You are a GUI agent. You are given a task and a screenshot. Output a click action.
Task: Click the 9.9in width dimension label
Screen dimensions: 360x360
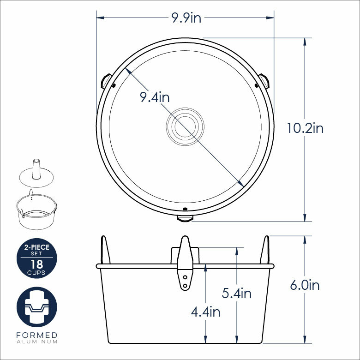point(186,18)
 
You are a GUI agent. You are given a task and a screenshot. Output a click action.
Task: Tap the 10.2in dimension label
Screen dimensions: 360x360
point(305,128)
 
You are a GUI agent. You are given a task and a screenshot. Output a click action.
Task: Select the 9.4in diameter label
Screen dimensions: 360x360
point(155,97)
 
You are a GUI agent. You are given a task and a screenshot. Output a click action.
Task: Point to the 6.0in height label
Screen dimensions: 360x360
point(305,285)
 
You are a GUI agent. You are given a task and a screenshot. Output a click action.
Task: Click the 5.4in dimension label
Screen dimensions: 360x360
point(236,294)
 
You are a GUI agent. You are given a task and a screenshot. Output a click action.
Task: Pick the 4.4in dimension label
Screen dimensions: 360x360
point(205,312)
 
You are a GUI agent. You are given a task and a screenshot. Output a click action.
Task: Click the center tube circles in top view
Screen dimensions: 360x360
point(185,126)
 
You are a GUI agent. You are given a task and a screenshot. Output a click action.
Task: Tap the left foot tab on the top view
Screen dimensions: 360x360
point(106,81)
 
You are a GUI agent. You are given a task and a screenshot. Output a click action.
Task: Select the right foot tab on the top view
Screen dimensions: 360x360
point(264,81)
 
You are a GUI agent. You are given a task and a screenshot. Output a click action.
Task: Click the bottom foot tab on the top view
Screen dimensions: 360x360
point(185,218)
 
